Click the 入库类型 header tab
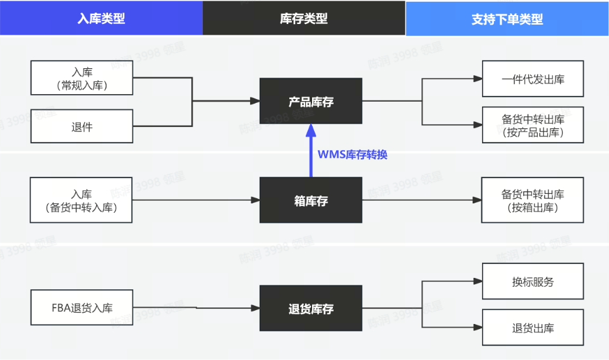pyautogui.click(x=101, y=18)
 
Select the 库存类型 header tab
pyautogui.click(x=304, y=18)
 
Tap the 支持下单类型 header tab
pyautogui.click(x=507, y=18)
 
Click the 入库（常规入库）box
pyautogui.click(x=81, y=78)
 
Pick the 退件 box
pyautogui.click(x=81, y=126)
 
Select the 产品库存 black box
pyautogui.click(x=311, y=101)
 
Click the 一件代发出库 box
pyautogui.click(x=533, y=79)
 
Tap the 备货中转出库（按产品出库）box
pyautogui.click(x=533, y=125)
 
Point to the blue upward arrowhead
pyautogui.click(x=311, y=130)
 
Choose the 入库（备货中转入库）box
pyautogui.click(x=81, y=200)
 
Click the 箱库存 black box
pyautogui.click(x=311, y=200)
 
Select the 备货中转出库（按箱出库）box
pyautogui.click(x=533, y=200)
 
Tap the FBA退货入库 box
pyautogui.click(x=81, y=308)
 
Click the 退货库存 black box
pyautogui.click(x=311, y=308)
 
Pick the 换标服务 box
pyautogui.click(x=533, y=282)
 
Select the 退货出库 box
pyautogui.click(x=533, y=328)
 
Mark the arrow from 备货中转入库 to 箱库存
pyautogui.click(x=196, y=200)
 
